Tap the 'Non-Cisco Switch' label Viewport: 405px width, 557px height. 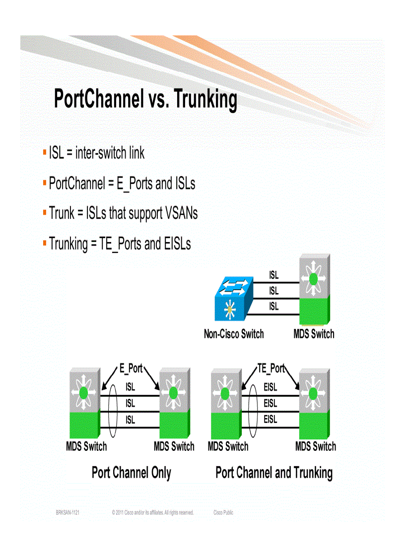point(234,334)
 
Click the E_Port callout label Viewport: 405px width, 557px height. point(131,369)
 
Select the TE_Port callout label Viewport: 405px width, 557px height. point(271,369)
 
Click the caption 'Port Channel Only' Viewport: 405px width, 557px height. point(131,473)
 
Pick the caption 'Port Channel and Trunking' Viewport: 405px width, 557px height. point(274,473)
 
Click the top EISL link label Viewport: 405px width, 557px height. point(270,387)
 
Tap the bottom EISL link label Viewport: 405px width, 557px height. point(270,420)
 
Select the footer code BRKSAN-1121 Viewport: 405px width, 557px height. point(68,512)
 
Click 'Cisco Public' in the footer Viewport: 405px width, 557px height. point(223,512)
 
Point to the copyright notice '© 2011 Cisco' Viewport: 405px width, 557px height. point(152,512)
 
